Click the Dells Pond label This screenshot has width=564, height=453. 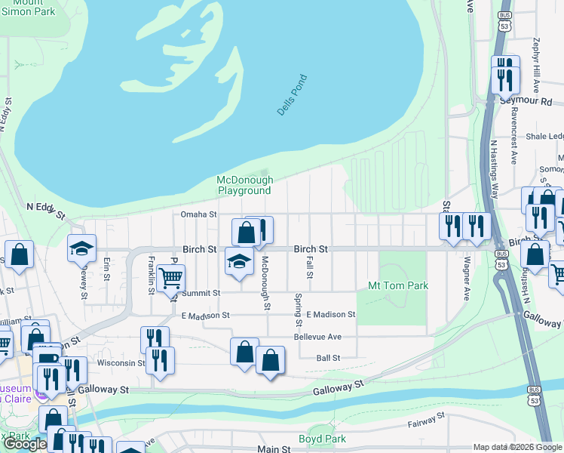[x=292, y=95]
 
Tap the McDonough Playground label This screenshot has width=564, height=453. [x=244, y=185]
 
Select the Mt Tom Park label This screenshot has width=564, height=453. [x=397, y=285]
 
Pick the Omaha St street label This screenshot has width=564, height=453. [x=198, y=214]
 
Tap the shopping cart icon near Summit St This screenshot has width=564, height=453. [x=171, y=279]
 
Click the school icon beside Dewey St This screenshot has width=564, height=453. [x=82, y=248]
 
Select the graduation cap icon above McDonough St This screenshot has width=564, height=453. [x=240, y=263]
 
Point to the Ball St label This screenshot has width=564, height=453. [x=328, y=357]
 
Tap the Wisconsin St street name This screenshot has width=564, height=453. [x=115, y=362]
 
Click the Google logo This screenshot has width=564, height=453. [x=24, y=444]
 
